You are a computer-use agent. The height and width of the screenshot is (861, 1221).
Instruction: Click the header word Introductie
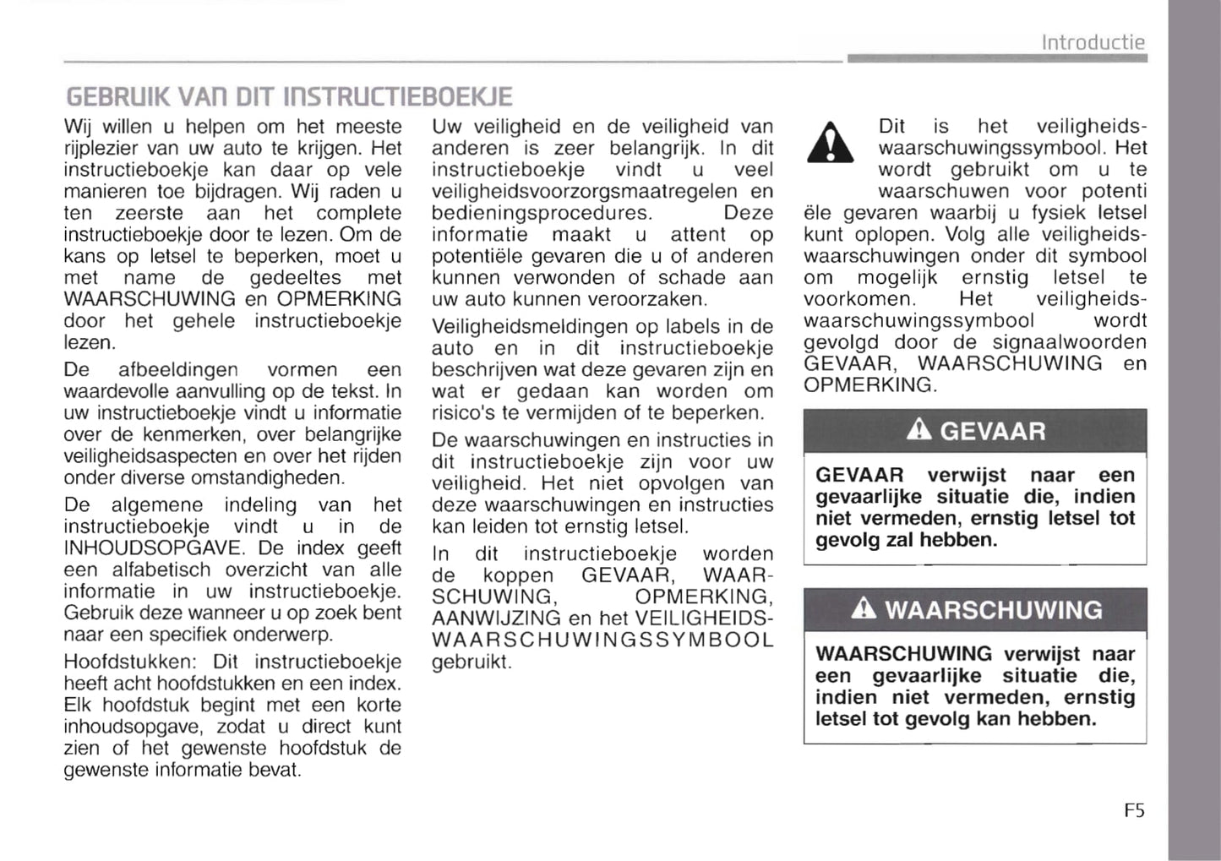pos(1093,41)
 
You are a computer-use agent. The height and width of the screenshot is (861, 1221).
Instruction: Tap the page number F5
pos(1134,810)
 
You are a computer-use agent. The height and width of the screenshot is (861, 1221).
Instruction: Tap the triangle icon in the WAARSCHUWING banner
pos(863,608)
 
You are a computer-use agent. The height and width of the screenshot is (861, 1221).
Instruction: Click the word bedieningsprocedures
pos(542,213)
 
